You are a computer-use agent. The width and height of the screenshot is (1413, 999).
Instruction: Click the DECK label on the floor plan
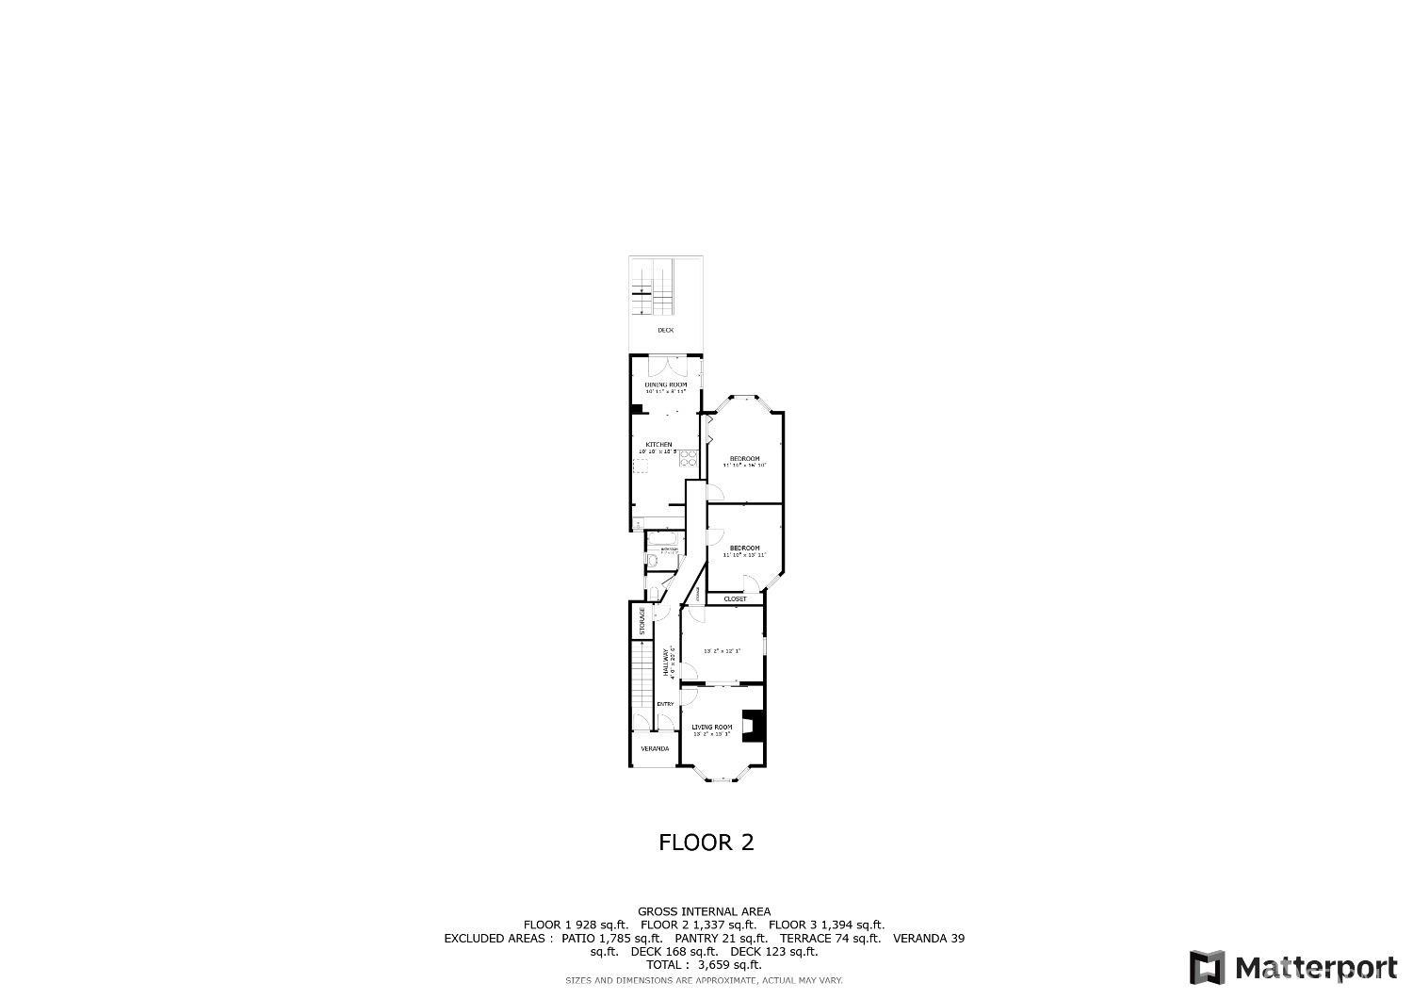[x=665, y=330]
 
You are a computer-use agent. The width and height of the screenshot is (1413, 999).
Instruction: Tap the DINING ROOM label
[x=665, y=385]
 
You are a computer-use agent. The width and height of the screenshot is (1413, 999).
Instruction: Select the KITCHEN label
[x=658, y=445]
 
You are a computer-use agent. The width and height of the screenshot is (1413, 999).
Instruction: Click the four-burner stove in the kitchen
[x=688, y=459]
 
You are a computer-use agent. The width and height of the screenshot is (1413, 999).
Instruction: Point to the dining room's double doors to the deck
[x=666, y=358]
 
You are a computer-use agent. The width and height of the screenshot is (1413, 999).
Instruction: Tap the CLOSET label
[x=735, y=599]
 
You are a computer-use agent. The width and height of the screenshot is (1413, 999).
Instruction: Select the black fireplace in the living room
[x=753, y=726]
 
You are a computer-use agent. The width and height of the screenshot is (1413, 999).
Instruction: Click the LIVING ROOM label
[x=711, y=727]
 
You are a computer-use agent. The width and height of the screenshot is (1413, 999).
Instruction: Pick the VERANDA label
[x=655, y=748]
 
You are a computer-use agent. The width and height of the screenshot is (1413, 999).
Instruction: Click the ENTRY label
[x=665, y=704]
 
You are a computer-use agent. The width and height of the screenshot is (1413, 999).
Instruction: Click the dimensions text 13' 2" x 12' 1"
[x=723, y=650]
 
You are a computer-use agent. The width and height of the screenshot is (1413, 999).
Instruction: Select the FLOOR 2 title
[x=706, y=843]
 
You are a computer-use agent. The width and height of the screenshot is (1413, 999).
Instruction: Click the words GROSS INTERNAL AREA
[x=704, y=911]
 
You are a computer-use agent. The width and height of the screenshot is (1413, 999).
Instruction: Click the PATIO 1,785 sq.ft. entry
[x=611, y=939]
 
